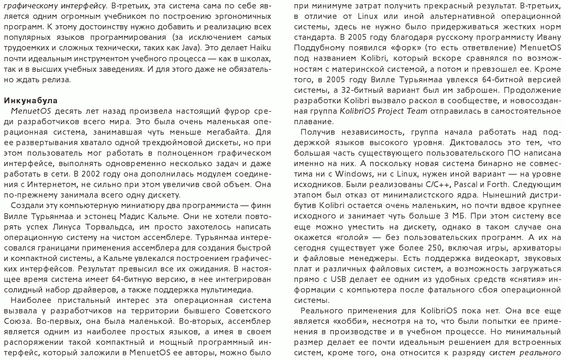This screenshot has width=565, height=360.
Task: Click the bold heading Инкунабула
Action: pos(30,100)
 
